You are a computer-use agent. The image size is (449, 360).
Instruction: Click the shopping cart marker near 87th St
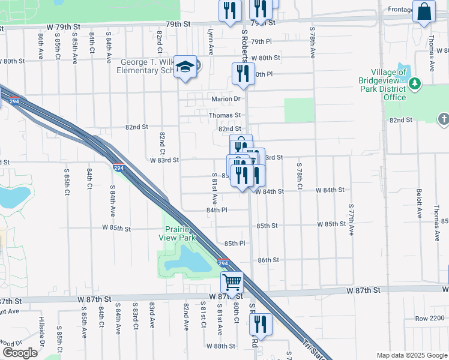(232, 281)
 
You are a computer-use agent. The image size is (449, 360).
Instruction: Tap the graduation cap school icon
(186, 66)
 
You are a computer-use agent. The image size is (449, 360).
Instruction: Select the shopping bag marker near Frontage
(424, 11)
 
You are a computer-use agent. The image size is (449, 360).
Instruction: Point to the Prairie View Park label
(180, 234)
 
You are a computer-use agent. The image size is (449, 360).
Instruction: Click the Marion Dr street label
(225, 99)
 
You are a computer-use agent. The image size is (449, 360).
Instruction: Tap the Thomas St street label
(224, 115)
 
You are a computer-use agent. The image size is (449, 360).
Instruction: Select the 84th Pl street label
(217, 210)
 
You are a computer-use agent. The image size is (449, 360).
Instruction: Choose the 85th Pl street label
(235, 243)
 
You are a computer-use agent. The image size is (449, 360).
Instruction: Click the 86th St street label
(268, 260)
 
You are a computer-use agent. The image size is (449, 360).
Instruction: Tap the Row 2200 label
(430, 317)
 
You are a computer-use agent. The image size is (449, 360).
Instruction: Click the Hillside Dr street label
(42, 331)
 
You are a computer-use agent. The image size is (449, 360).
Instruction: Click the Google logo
(20, 353)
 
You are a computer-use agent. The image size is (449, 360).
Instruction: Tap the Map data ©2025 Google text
(412, 355)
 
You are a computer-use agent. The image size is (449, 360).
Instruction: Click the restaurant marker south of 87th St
(261, 324)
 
